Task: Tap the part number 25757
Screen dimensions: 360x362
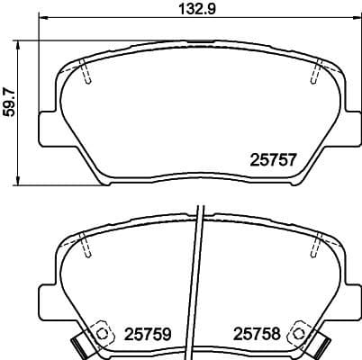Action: pos(272,159)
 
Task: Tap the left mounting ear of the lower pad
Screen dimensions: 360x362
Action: pos(47,301)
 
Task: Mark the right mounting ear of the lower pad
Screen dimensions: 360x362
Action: pos(348,301)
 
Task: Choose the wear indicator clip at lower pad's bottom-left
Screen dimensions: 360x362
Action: pos(79,345)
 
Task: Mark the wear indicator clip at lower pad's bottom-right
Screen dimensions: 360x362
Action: pos(317,345)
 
